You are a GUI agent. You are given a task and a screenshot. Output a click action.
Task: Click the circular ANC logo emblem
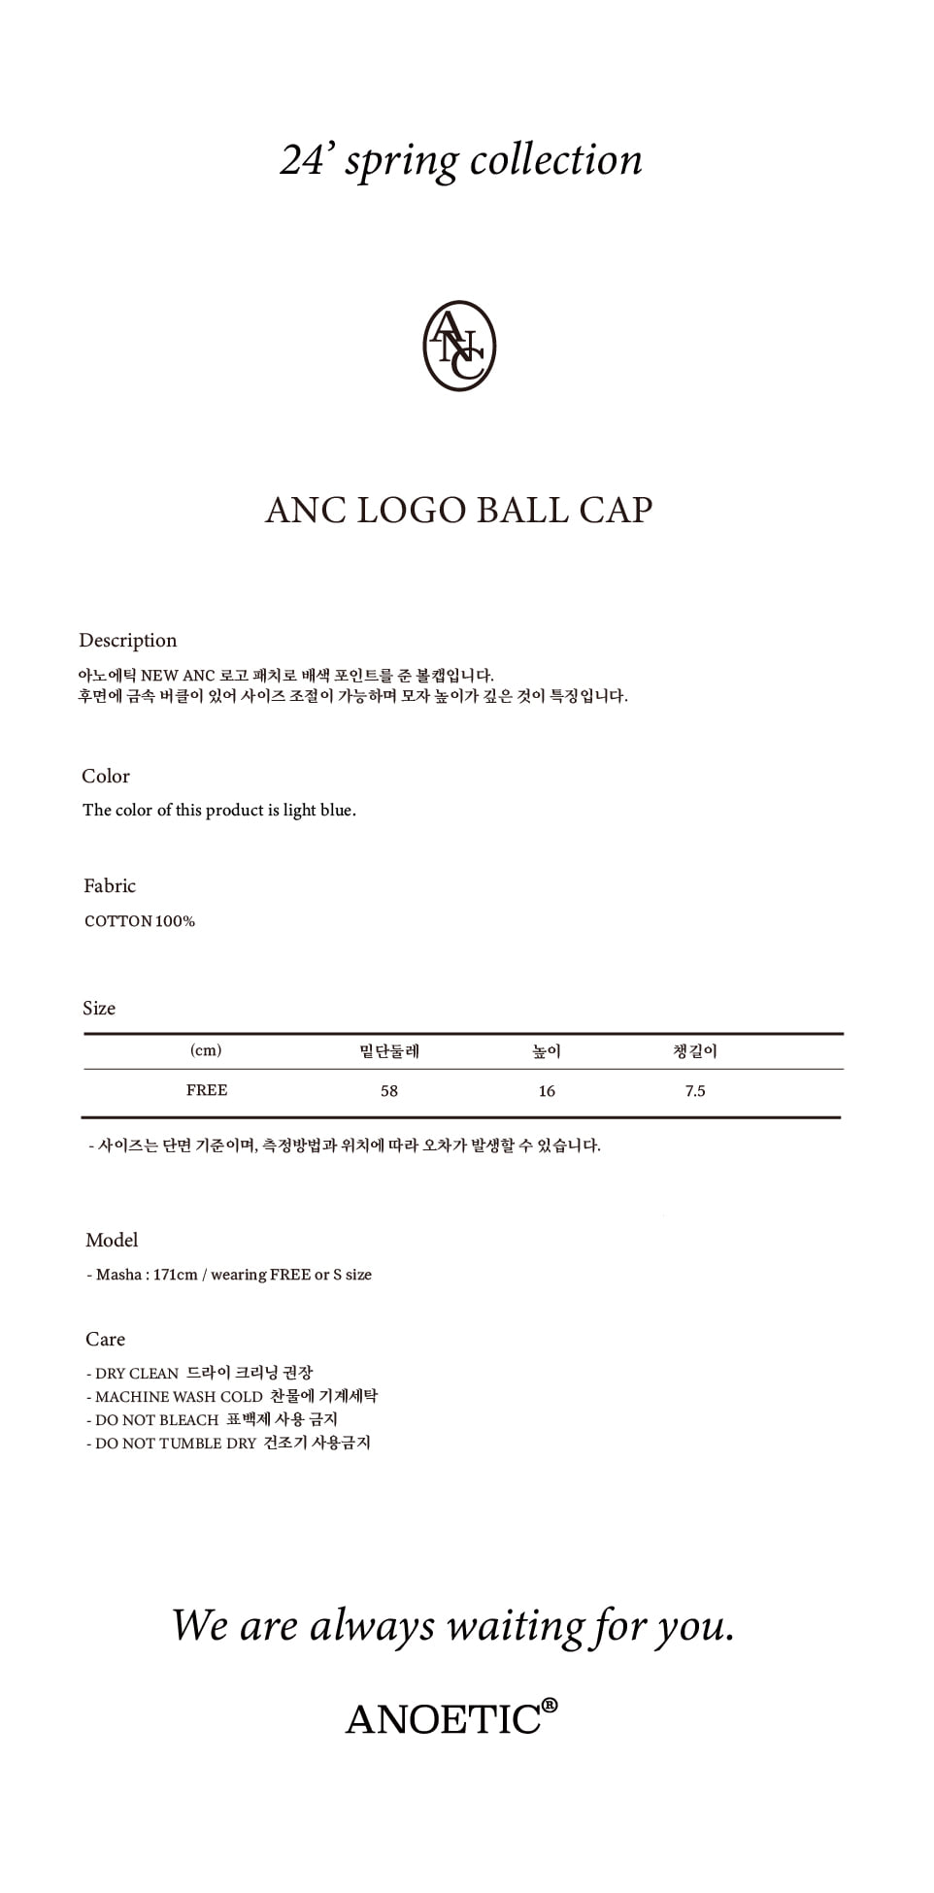click(459, 347)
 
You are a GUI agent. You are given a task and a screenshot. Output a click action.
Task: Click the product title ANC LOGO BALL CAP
click(459, 511)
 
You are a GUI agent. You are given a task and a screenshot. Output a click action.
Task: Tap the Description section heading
click(128, 641)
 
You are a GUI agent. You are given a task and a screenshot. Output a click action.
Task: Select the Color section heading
click(106, 777)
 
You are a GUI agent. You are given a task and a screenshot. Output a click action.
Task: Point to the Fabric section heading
click(110, 886)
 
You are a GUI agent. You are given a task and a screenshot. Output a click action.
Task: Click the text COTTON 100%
click(140, 921)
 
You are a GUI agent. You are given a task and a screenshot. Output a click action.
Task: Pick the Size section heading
click(99, 1009)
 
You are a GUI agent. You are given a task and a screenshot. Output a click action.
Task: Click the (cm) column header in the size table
click(206, 1050)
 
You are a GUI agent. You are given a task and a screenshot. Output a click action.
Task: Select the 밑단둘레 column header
click(389, 1051)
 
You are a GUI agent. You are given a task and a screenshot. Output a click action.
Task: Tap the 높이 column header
click(547, 1051)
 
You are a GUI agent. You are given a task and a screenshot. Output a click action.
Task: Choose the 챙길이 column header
click(695, 1051)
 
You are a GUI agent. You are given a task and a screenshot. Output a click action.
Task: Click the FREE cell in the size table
click(207, 1090)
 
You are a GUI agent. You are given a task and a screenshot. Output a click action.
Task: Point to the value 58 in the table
click(389, 1091)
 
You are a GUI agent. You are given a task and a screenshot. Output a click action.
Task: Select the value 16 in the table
click(547, 1091)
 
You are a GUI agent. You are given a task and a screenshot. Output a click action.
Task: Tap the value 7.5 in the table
click(695, 1091)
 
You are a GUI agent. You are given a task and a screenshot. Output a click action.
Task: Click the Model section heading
click(112, 1241)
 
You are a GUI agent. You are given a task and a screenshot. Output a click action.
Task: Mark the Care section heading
click(105, 1340)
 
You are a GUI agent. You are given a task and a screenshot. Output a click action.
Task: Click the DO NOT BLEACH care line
click(212, 1420)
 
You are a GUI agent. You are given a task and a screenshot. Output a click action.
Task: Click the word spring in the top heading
click(402, 161)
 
